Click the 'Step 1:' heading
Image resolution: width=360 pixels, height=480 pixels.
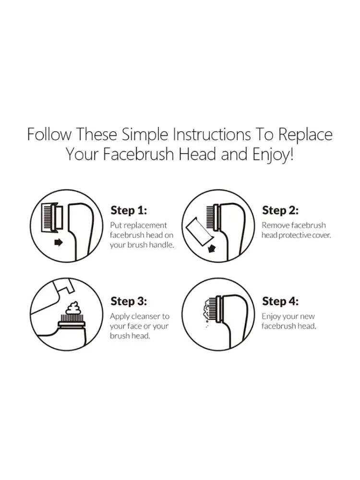pos(129,211)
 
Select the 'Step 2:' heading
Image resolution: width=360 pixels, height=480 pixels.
pos(280,211)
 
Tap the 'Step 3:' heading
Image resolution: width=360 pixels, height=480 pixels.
pos(129,301)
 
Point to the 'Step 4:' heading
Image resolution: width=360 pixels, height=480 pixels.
pos(280,301)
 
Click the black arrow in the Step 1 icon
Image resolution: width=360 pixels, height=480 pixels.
pos(58,242)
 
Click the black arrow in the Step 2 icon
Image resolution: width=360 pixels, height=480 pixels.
pos(212,249)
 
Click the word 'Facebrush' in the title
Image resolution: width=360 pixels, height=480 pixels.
pos(138,154)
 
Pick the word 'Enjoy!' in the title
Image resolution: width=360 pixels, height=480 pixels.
pos(273,155)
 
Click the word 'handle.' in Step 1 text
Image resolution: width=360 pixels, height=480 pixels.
pos(161,245)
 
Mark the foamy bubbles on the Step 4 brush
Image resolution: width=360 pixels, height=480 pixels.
pos(208,310)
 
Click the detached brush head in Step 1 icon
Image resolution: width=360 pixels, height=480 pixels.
pos(52,217)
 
